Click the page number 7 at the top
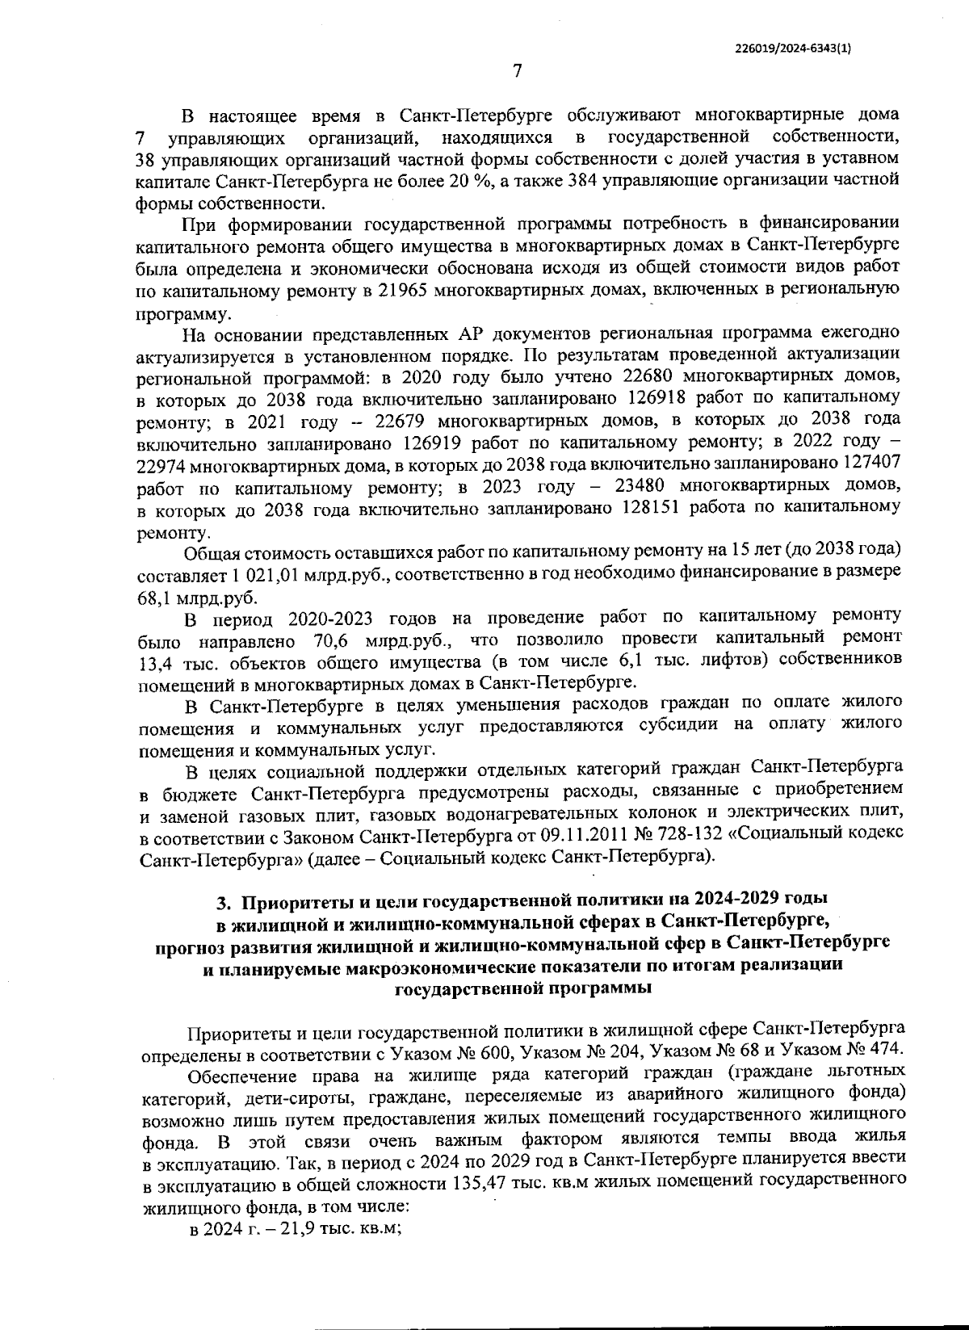click(517, 72)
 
